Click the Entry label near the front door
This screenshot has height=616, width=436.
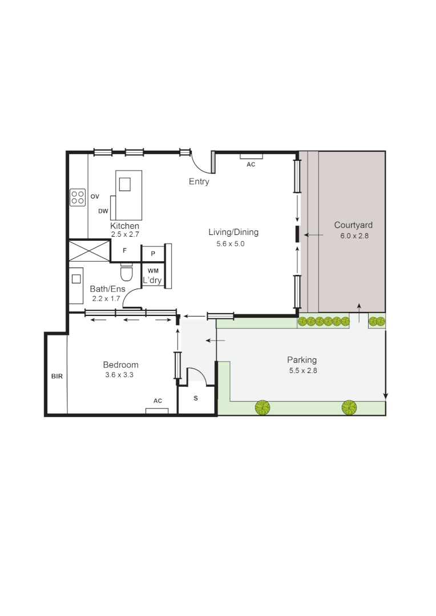[199, 182]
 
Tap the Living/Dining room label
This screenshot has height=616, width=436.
[233, 232]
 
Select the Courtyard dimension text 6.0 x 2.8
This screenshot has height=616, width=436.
[354, 236]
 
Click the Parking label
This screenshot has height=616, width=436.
[302, 360]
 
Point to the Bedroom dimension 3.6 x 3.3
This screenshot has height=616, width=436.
[120, 375]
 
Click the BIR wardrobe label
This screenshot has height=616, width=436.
[56, 376]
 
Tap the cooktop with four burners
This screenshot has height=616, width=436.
[78, 197]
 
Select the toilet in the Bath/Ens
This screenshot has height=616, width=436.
[126, 273]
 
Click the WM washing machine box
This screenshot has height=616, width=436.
[153, 270]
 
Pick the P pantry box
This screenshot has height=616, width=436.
[153, 253]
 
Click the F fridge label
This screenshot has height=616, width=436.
[125, 250]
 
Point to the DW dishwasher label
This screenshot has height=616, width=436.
[103, 211]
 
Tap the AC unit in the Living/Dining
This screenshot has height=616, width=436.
[251, 156]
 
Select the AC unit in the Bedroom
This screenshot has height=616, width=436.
[157, 410]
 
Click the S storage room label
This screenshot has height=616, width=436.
[196, 398]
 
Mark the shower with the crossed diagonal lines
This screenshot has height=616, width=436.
[89, 250]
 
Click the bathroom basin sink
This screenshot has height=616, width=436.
[76, 279]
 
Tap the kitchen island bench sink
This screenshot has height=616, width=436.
[124, 184]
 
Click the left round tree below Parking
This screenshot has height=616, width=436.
[263, 407]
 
